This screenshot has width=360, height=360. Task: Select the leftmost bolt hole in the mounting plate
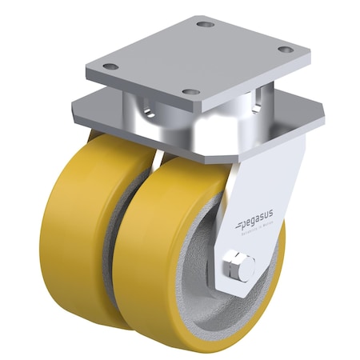click(113, 67)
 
